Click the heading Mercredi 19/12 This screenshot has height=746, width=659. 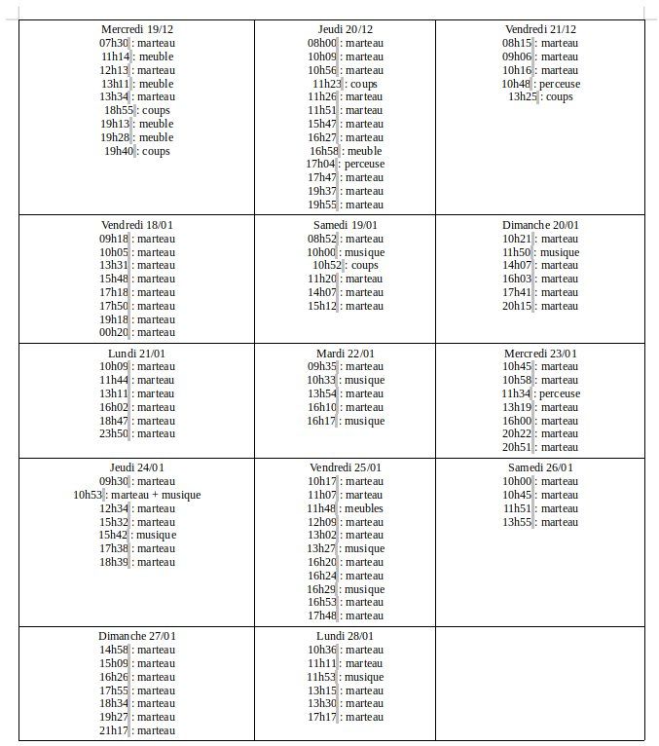pos(137,30)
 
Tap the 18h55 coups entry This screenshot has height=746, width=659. pos(137,111)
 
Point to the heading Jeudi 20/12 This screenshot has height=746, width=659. pos(346,30)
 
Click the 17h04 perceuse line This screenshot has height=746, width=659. pos(346,165)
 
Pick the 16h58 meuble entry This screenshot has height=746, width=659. pos(346,151)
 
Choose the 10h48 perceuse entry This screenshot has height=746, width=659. pos(540,84)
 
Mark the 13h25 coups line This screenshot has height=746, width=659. pos(540,97)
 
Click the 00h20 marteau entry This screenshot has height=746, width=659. pos(137,332)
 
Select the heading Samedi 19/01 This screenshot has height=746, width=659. pos(346,225)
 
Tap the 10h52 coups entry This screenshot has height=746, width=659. pos(346,265)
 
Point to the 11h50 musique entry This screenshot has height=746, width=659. pos(540,252)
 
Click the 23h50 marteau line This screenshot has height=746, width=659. pos(137,433)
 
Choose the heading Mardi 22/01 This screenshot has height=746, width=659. pos(346,354)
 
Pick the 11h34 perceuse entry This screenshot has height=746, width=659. pos(540,393)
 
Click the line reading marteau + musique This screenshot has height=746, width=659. pos(137,495)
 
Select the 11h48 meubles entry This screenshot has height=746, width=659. pos(346,508)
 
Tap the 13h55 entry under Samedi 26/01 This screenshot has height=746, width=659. pos(540,522)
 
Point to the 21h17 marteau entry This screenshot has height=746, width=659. pos(137,730)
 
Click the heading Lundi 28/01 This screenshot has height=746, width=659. pos(346,636)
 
